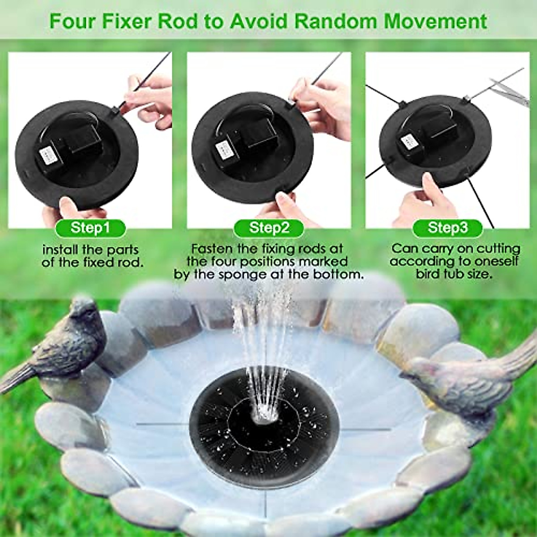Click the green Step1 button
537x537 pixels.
tap(90, 228)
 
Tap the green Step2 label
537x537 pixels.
tap(269, 228)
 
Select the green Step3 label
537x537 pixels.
tap(448, 228)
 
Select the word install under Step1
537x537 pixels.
tap(63, 250)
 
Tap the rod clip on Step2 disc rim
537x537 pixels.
tap(291, 104)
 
